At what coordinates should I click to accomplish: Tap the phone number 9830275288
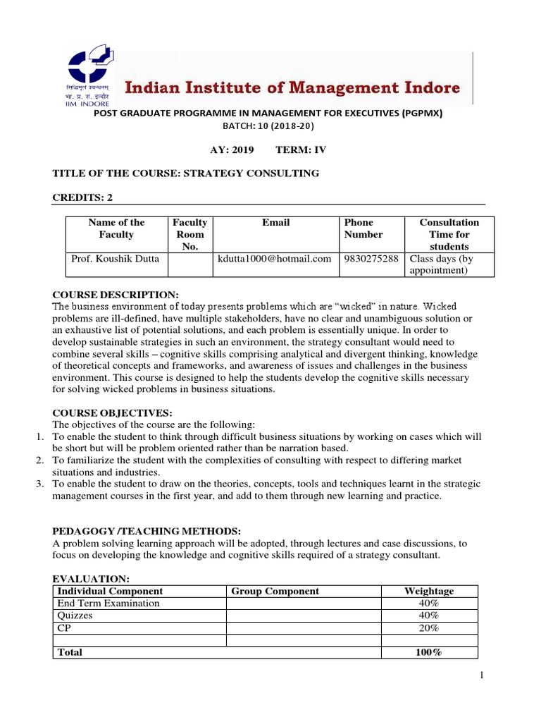(x=370, y=259)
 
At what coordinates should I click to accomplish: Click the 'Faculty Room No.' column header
(x=189, y=234)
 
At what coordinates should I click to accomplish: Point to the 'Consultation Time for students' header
(x=449, y=234)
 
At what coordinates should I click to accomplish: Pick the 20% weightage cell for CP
(x=429, y=628)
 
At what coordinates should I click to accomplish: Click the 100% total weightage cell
(x=429, y=652)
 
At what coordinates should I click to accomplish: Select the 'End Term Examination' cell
(x=108, y=604)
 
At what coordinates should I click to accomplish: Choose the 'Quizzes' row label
(x=75, y=616)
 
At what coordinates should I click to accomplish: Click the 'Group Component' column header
(x=275, y=592)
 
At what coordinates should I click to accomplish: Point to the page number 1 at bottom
(x=482, y=676)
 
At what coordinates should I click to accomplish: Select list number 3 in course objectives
(x=41, y=484)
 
